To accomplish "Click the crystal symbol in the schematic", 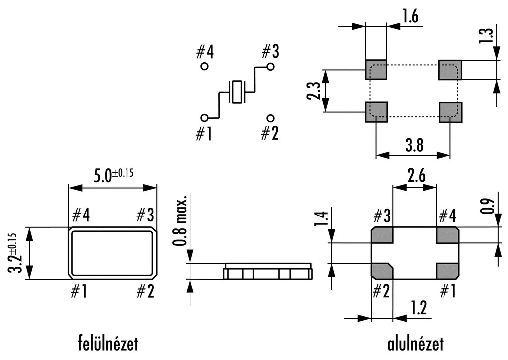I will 237,92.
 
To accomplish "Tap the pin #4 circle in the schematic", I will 204,66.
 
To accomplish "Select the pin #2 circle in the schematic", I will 270,118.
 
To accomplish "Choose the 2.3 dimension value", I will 313,91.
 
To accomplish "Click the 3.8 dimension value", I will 414,146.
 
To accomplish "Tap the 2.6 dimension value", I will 416,176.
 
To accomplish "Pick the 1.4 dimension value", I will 321,218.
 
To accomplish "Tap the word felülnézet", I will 108,343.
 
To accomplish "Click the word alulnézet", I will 415,343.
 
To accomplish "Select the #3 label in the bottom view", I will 382,216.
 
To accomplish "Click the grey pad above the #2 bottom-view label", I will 382,271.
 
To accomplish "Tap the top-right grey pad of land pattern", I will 450,70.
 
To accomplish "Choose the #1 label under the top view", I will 79,292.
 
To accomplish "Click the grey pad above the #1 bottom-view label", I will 447,271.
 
